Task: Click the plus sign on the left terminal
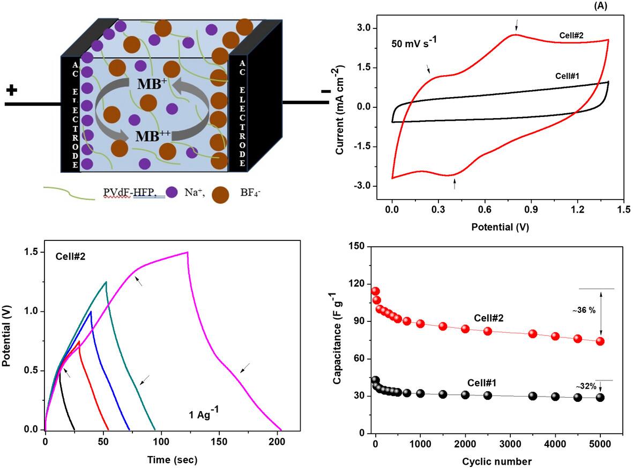point(12,90)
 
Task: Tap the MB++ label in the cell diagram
point(153,136)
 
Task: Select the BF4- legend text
point(250,193)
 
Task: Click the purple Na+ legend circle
point(172,192)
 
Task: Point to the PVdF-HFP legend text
point(130,193)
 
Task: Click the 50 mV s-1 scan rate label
point(414,42)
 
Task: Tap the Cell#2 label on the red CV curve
point(571,35)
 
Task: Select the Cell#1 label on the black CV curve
point(567,76)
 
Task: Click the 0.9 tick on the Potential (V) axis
point(531,209)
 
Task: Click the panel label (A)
point(600,6)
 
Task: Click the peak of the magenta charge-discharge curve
point(187,252)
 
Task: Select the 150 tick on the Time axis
point(220,442)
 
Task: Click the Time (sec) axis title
point(173,460)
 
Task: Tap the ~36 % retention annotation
point(584,311)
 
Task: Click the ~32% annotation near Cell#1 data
point(586,386)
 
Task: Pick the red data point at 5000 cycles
point(600,341)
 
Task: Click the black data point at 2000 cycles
point(465,395)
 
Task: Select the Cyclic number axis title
point(497,461)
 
